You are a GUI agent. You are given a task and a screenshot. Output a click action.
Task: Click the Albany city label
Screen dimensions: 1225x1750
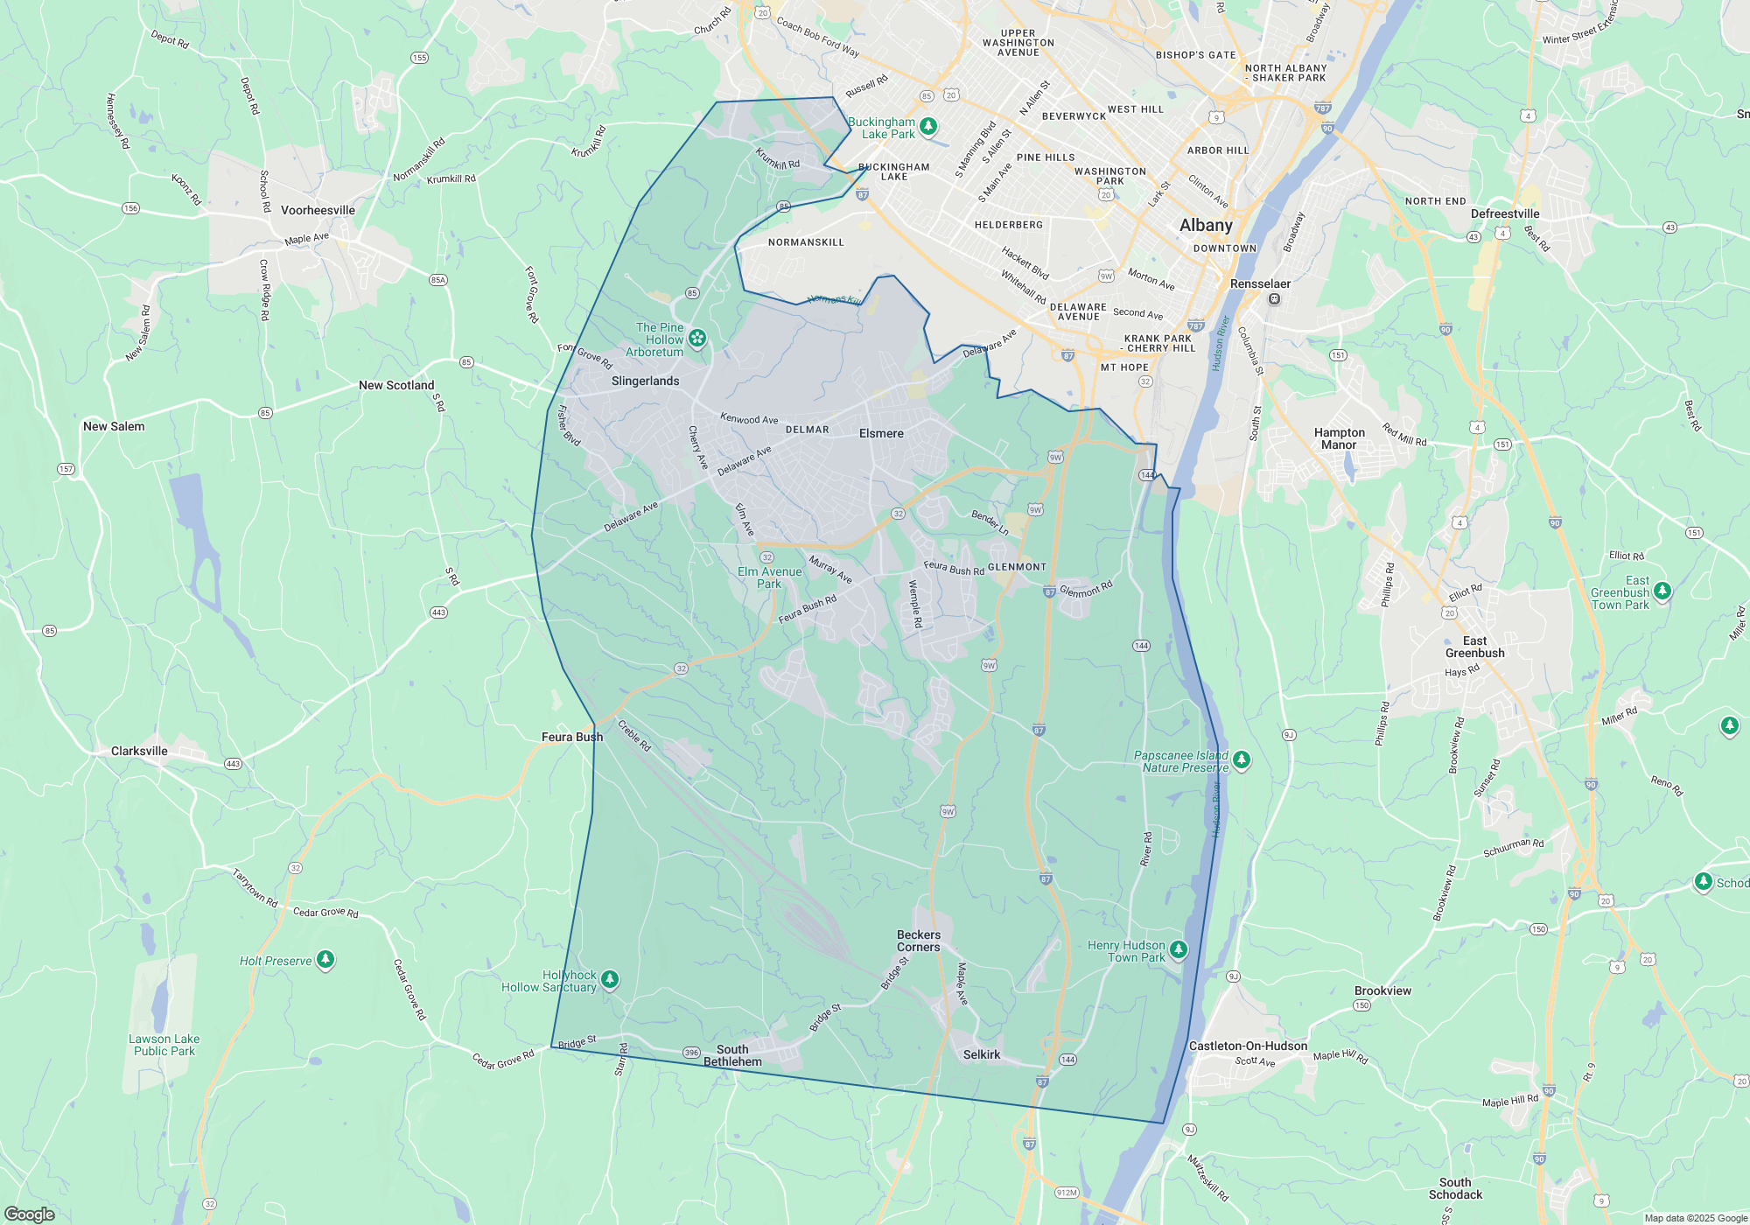[x=1206, y=225]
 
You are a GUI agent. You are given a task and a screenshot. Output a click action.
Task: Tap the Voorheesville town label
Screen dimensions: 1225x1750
[x=318, y=210]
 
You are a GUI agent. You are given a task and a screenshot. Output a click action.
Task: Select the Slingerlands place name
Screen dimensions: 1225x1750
[x=645, y=381]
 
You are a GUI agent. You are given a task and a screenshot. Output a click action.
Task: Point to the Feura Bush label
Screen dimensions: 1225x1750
[x=572, y=737]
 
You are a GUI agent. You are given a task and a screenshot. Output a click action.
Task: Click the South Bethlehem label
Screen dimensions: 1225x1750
[x=732, y=1055]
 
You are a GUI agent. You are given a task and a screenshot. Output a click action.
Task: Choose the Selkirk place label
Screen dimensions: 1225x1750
[x=981, y=1054]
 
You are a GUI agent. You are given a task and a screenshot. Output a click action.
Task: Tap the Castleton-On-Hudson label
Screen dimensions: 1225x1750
[x=1248, y=1046]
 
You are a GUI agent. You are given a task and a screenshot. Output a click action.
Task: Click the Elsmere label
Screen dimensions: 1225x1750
[x=881, y=433]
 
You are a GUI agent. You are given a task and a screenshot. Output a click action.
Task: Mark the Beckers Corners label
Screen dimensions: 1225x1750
[x=919, y=941]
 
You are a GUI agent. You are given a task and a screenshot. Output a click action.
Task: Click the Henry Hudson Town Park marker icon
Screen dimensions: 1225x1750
[x=1179, y=949]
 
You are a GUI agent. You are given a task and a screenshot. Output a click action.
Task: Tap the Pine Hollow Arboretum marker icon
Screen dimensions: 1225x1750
[x=697, y=338]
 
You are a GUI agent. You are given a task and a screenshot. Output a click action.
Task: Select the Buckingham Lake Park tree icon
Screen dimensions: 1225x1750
[x=928, y=126]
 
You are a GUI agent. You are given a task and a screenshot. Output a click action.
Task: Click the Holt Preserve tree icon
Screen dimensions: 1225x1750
[x=325, y=960]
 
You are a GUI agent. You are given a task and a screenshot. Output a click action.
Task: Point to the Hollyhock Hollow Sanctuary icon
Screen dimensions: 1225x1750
[x=610, y=979]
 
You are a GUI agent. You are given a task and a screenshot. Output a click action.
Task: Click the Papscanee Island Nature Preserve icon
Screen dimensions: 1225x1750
[x=1242, y=759]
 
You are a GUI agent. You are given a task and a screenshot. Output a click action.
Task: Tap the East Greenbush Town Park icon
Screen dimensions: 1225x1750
[x=1662, y=591]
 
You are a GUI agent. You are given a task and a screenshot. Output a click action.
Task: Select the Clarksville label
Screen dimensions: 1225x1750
[x=139, y=751]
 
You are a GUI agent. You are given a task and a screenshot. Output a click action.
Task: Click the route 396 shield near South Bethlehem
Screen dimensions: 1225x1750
[x=691, y=1053]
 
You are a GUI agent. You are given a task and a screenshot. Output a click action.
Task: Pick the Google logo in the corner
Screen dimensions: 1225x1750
[x=30, y=1214]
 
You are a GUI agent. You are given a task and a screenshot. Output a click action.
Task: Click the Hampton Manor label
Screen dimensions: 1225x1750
[x=1339, y=438]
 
